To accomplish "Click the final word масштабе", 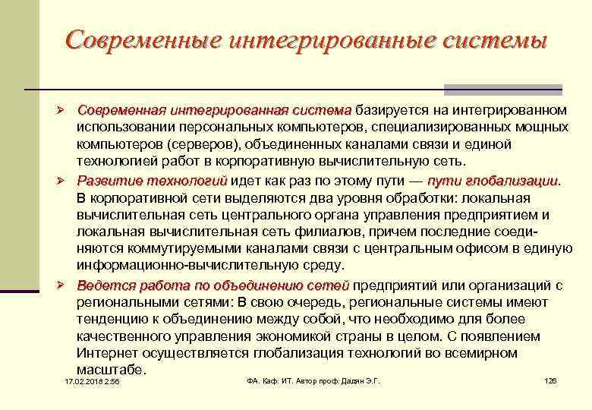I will click(x=110, y=371).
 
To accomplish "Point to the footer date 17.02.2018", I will click(x=83, y=381).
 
